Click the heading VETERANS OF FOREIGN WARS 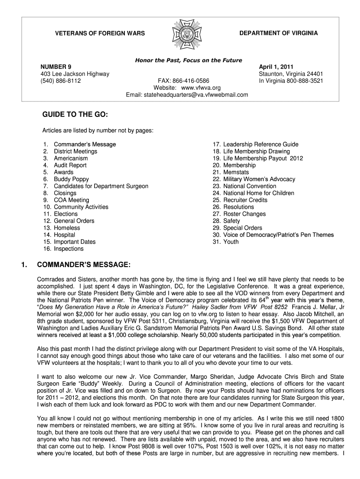click(100, 34)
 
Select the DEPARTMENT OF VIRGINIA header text click(278, 33)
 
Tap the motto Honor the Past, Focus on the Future click(188, 60)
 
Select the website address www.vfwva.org click(201, 88)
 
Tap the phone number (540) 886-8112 click(61, 81)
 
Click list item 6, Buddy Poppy click(71, 179)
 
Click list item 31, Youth click(231, 242)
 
